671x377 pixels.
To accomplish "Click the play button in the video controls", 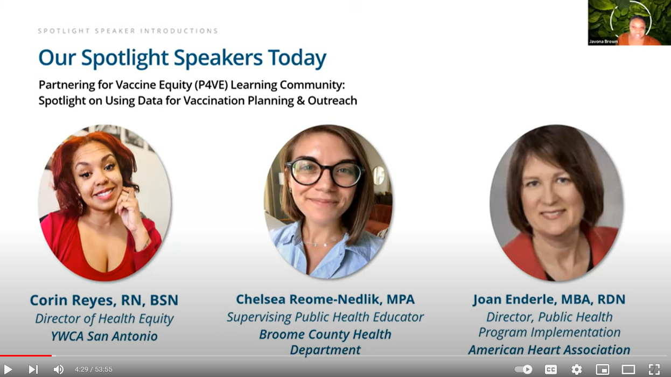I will click(x=8, y=369).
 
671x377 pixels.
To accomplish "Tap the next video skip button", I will click(x=33, y=369).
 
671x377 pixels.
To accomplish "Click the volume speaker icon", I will click(x=58, y=369).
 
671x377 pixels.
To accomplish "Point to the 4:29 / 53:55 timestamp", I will click(x=93, y=369).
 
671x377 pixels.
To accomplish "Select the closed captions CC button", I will click(x=550, y=369).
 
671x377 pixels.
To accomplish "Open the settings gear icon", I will click(x=576, y=369).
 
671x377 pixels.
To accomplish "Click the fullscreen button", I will click(x=654, y=369).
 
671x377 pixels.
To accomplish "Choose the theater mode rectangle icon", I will click(x=628, y=369).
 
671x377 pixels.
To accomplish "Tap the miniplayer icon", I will click(x=602, y=369).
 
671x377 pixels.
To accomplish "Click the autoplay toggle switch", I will click(x=523, y=369).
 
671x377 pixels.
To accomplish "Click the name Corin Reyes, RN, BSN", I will click(x=104, y=301).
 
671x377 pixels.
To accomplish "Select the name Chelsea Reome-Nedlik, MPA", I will click(x=325, y=299).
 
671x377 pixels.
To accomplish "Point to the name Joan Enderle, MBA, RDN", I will click(x=549, y=299).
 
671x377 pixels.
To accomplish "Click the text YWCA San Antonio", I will click(x=104, y=336).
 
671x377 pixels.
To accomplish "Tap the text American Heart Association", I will click(x=549, y=350).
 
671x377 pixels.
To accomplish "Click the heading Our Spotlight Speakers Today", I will click(x=182, y=58).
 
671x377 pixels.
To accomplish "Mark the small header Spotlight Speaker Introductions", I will click(x=128, y=31).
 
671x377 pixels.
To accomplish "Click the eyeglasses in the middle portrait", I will click(x=325, y=172).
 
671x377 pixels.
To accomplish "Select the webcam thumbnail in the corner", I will click(x=628, y=23).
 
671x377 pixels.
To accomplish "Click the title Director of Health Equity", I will click(x=104, y=319).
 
